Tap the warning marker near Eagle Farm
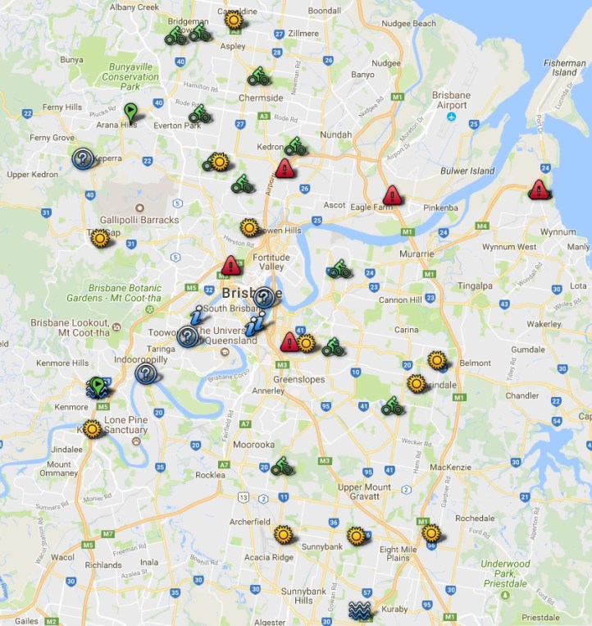(x=393, y=195)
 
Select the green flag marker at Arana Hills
(x=130, y=110)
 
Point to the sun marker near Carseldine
(x=234, y=20)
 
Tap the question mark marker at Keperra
(x=82, y=158)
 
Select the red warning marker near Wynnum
(x=538, y=190)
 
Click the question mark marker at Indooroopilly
(x=147, y=374)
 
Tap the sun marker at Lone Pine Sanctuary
(x=92, y=428)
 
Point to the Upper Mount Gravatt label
(x=365, y=492)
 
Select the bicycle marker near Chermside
(x=259, y=77)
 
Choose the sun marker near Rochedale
(x=431, y=533)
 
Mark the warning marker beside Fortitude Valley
(x=231, y=265)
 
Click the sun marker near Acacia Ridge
(x=284, y=535)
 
